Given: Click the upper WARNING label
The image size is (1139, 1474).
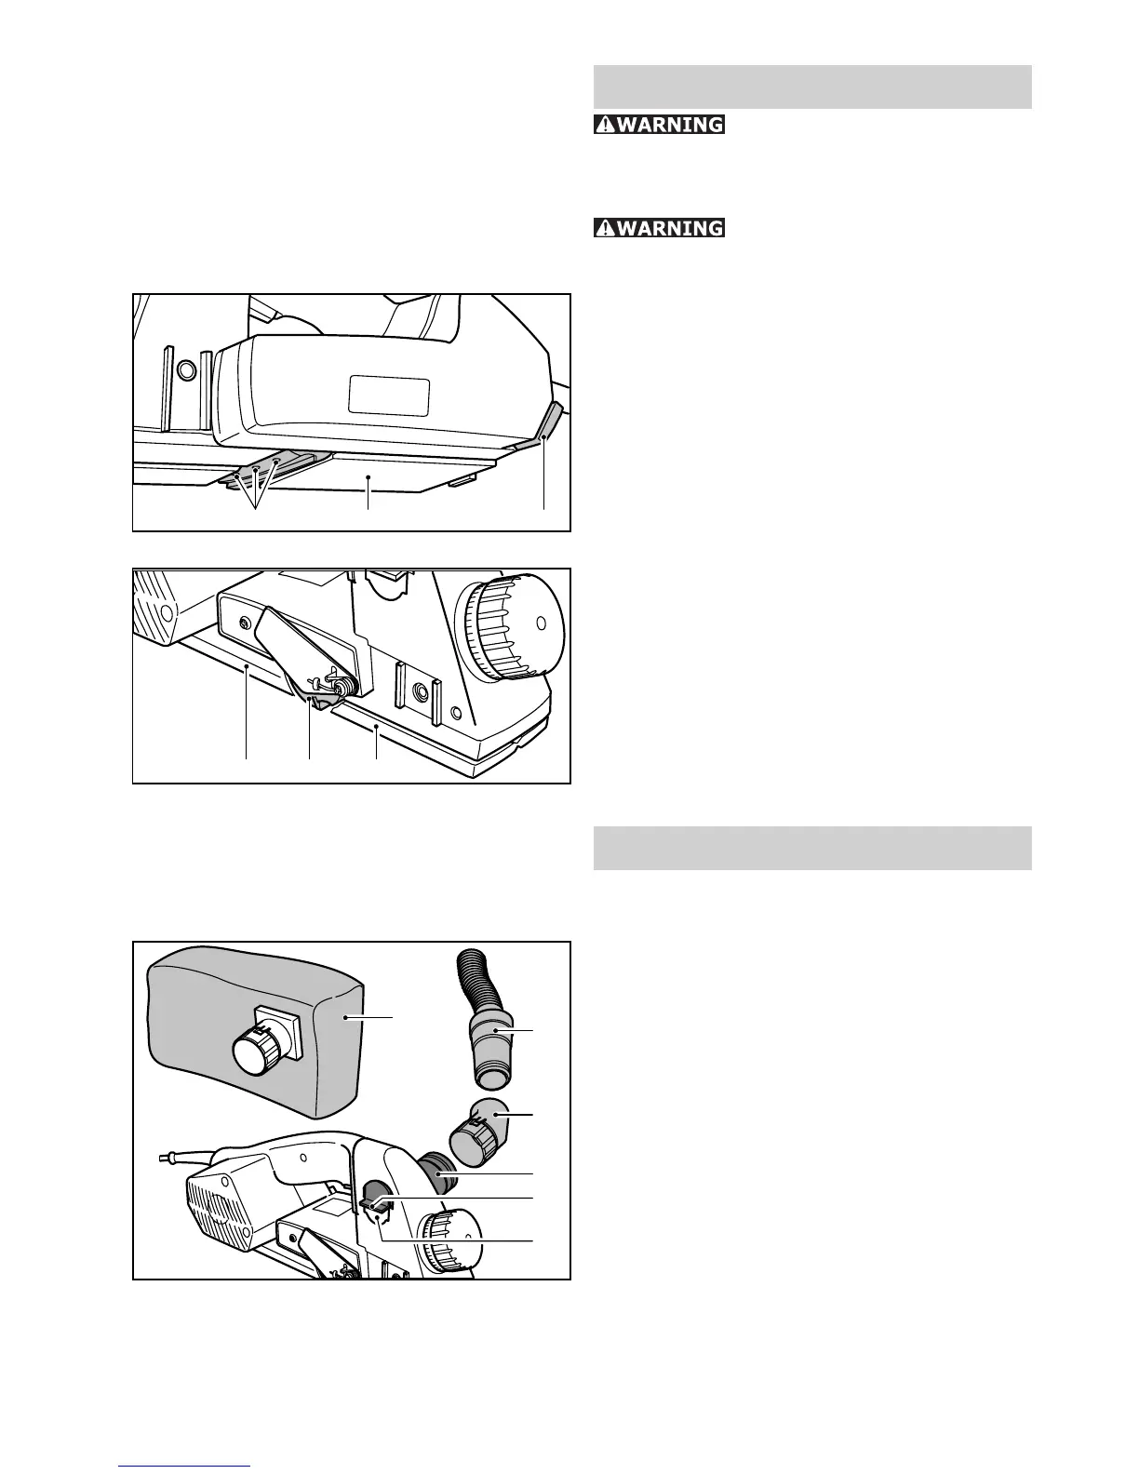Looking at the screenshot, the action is coord(660,124).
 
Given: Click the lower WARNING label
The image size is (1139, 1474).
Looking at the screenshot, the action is coord(660,227).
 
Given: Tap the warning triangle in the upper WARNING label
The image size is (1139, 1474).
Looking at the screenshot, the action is coord(606,124).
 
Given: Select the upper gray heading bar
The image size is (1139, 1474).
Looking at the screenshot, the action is coord(812,87).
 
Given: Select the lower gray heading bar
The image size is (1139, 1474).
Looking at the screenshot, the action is coord(812,848).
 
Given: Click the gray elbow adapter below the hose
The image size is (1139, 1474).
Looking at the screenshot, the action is coord(479,1129).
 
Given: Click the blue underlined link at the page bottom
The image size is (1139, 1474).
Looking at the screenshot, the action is coord(184,1467).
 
